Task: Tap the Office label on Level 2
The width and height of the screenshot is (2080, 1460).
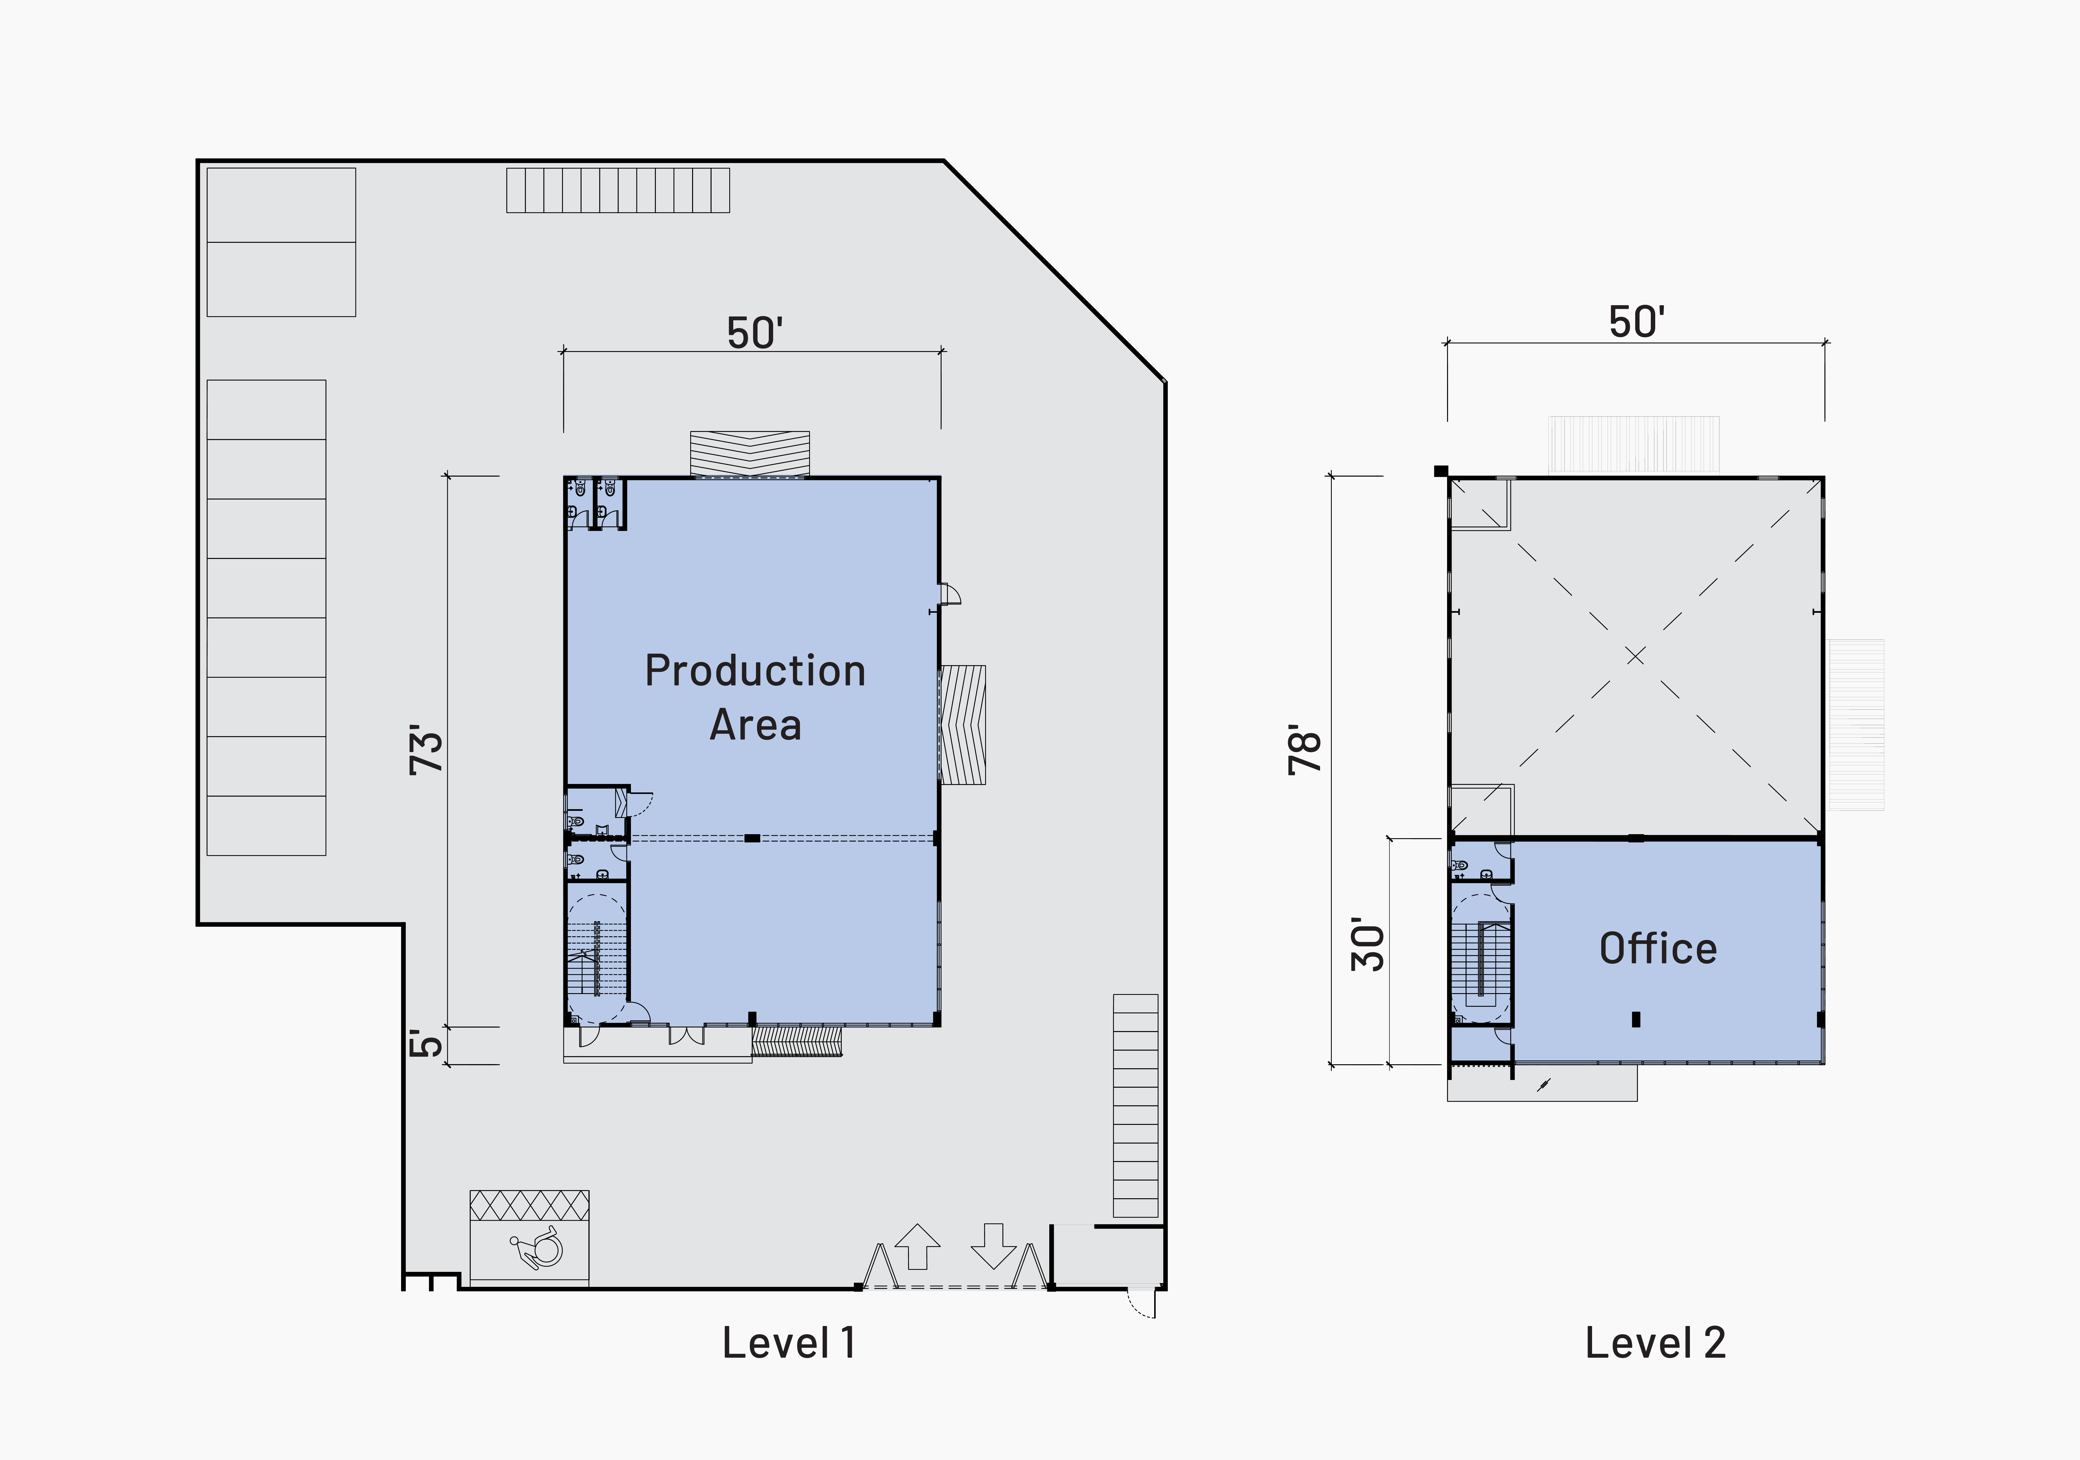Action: click(1658, 948)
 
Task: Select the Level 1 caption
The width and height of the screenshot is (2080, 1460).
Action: click(788, 1342)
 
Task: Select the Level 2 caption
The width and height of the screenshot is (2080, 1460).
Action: click(1655, 1342)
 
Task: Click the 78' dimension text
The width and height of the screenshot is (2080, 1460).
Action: click(1306, 749)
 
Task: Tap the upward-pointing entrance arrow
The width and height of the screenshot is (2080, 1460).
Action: click(917, 1246)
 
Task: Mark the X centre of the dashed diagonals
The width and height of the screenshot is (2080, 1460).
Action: click(1635, 656)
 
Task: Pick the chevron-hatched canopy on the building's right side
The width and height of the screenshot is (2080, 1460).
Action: click(963, 725)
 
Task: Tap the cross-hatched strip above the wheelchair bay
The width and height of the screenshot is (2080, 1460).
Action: click(529, 1205)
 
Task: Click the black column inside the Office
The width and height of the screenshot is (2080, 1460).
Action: click(1636, 1019)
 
